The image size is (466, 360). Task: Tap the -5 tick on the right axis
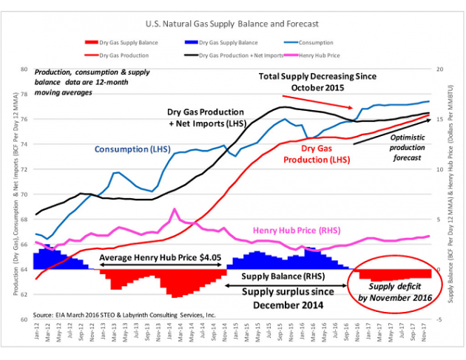coord(439,319)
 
